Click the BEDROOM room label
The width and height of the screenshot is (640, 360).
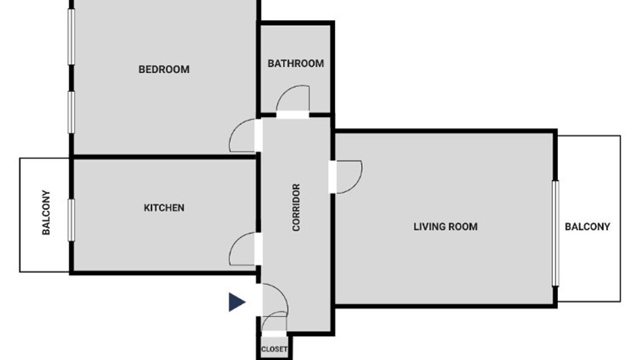pos(163,69)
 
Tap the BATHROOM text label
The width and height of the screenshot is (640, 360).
pos(295,63)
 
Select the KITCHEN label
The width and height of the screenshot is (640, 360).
pos(164,207)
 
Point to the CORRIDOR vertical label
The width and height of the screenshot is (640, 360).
pos(296,207)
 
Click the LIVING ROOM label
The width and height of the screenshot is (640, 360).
pos(445,227)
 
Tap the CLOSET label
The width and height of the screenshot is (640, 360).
pos(274,349)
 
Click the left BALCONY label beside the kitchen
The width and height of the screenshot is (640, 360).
pos(46,212)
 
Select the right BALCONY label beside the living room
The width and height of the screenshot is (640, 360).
pos(587,227)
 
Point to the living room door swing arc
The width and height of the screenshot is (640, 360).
pos(355,184)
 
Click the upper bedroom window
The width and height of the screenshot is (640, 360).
pos(71,36)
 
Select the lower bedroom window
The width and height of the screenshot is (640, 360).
pos(71,112)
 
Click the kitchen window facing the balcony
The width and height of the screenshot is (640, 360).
pos(71,220)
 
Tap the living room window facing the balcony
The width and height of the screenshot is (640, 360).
pos(555,233)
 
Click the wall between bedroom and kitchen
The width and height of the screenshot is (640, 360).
pos(164,157)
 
